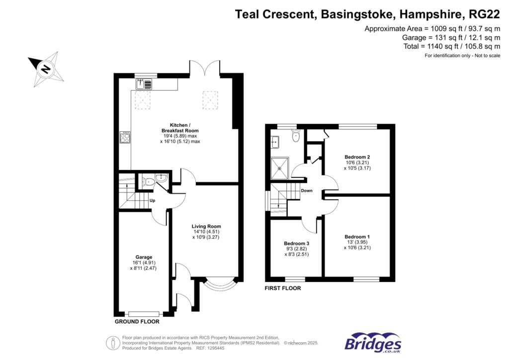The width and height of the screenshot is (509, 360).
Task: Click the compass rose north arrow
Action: click(x=45, y=69)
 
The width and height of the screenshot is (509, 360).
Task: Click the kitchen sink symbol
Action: click(x=143, y=83)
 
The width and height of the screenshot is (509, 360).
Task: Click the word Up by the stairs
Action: click(x=153, y=201)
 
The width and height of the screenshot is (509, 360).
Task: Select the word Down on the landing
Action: click(x=307, y=190)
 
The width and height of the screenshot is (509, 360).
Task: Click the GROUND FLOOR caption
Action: click(x=137, y=322)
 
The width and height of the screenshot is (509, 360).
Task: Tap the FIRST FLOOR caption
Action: click(x=283, y=288)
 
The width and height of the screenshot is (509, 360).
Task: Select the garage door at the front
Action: click(x=144, y=314)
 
